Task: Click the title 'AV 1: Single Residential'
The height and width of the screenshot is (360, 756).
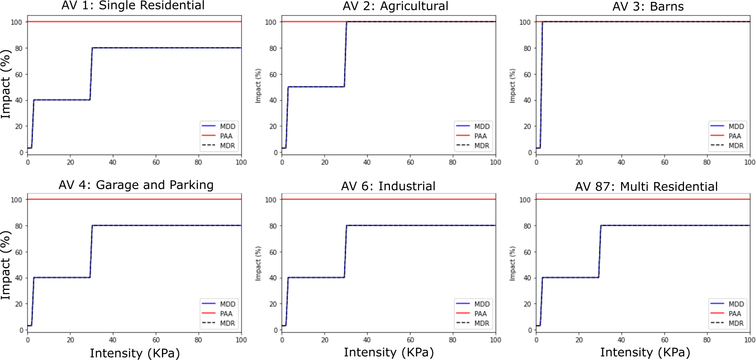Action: pyautogui.click(x=133, y=6)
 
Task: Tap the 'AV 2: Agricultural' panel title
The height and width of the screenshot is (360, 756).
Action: pyautogui.click(x=395, y=6)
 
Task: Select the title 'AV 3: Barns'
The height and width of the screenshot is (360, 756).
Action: pyautogui.click(x=648, y=7)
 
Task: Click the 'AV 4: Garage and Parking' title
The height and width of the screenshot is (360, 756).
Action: pyautogui.click(x=136, y=185)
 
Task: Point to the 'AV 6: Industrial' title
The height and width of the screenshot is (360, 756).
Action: pyautogui.click(x=388, y=186)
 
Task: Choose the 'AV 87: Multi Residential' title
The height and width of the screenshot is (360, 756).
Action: pyautogui.click(x=646, y=187)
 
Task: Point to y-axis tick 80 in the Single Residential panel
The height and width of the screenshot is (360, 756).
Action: pyautogui.click(x=19, y=48)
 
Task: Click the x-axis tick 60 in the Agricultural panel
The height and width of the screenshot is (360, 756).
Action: pyautogui.click(x=410, y=162)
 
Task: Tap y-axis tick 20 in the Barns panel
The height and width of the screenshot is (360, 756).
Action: pyautogui.click(x=527, y=126)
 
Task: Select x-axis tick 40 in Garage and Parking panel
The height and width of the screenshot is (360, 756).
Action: pyautogui.click(x=113, y=340)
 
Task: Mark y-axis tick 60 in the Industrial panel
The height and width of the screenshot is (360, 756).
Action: pyautogui.click(x=273, y=252)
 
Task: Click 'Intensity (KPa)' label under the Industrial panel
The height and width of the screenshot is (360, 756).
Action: pyautogui.click(x=388, y=352)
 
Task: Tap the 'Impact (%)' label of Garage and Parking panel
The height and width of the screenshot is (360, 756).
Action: pyautogui.click(x=6, y=265)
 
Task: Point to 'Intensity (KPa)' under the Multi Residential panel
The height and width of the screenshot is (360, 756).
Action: pyautogui.click(x=645, y=352)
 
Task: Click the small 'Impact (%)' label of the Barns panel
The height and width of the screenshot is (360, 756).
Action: pyautogui.click(x=512, y=86)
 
